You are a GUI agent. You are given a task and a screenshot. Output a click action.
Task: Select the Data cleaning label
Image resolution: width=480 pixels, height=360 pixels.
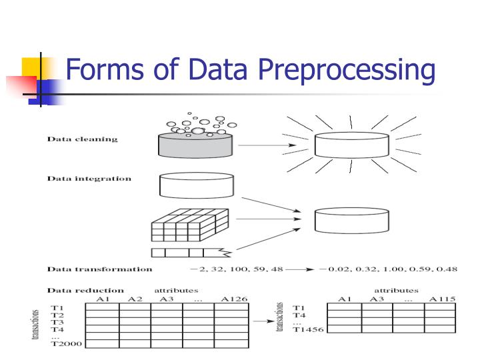(x=82, y=139)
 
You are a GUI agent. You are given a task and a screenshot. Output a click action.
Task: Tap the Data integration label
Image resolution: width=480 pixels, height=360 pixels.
(x=89, y=179)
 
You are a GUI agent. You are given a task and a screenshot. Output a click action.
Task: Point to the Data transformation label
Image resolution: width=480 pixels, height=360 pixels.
(x=99, y=269)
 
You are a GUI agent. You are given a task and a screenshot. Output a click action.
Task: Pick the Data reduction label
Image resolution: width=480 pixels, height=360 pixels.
(x=85, y=290)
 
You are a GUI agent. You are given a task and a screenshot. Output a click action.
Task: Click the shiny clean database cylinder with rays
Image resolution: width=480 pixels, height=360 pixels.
(x=351, y=145)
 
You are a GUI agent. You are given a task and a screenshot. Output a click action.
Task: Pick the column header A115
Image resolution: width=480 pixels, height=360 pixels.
(x=442, y=299)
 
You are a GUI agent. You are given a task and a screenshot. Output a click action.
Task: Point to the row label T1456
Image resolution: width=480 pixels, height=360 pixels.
(x=307, y=329)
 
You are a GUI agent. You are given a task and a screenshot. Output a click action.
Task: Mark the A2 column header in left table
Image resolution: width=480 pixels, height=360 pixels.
(x=135, y=299)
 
